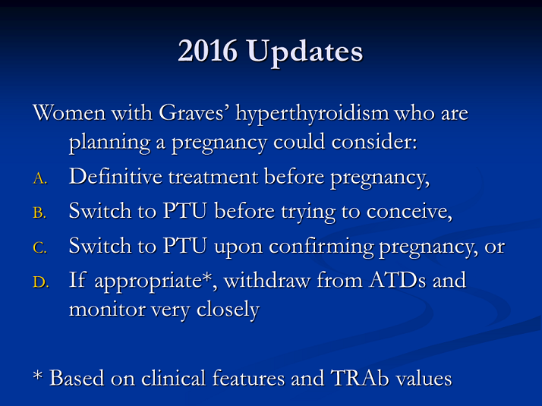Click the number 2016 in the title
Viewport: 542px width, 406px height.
[x=208, y=51]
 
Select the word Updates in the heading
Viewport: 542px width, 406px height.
[x=305, y=53]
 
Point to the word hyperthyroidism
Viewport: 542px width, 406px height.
[x=312, y=114]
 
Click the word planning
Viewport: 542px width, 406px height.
[x=109, y=143]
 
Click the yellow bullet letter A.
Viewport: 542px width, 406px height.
[x=40, y=178]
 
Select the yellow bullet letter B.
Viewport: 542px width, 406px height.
[x=39, y=212]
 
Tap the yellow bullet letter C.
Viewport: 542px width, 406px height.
[x=39, y=247]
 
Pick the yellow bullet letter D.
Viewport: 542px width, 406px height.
[x=41, y=282]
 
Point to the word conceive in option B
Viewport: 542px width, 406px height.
[x=409, y=212]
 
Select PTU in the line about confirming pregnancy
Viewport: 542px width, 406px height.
[x=185, y=246]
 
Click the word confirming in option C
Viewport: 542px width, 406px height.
[x=321, y=247]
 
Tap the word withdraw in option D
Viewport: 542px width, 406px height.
[x=267, y=280]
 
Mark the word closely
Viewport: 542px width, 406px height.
[x=228, y=310]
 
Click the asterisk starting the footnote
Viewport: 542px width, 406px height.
[x=37, y=375]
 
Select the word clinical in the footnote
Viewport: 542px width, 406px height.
[x=174, y=378]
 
